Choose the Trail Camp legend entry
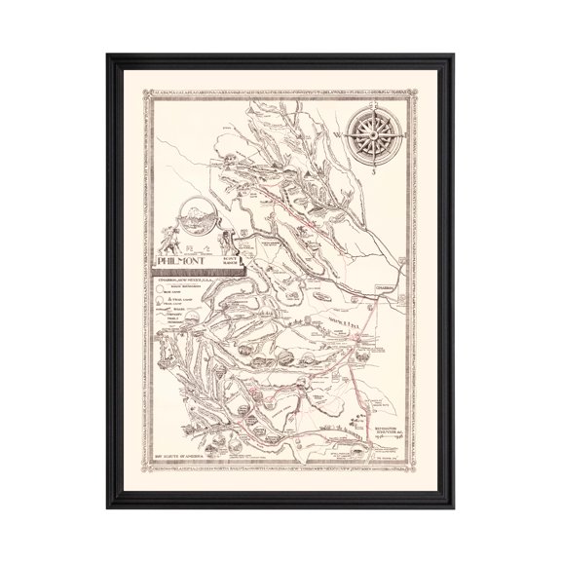(x=173, y=301)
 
